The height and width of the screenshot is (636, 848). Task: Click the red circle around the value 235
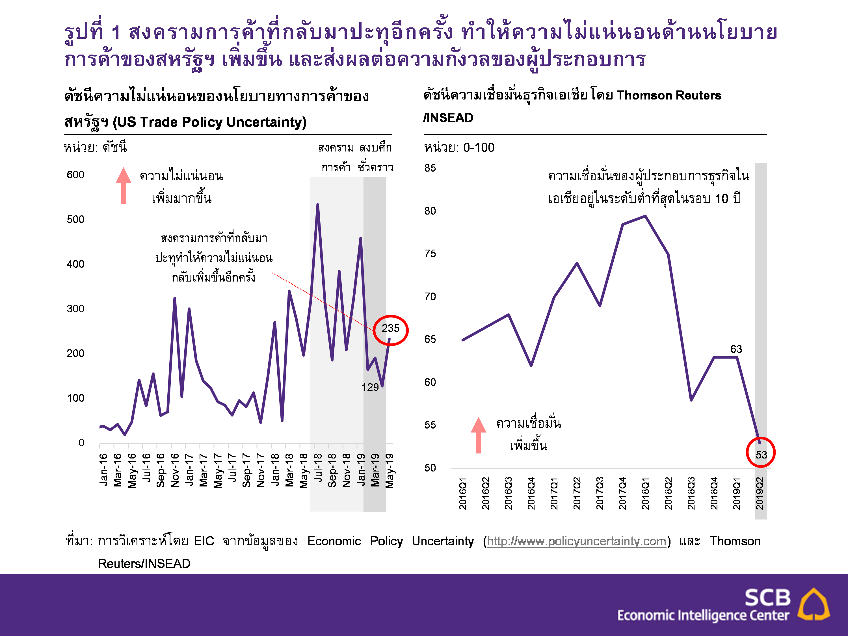(391, 330)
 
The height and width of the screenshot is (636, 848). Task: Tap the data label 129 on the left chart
(370, 388)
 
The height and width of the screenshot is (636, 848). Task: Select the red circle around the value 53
(761, 452)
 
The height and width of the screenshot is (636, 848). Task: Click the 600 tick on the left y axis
(75, 175)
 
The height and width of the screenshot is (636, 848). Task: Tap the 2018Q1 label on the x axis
(646, 493)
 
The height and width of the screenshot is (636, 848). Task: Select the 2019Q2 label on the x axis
(760, 493)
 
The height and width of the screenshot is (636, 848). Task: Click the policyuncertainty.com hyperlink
(577, 541)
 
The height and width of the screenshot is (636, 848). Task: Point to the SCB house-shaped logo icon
(813, 605)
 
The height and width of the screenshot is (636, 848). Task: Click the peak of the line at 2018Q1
(646, 216)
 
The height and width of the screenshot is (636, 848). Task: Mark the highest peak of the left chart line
(318, 205)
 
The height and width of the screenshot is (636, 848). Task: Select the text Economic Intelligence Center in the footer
(703, 615)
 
